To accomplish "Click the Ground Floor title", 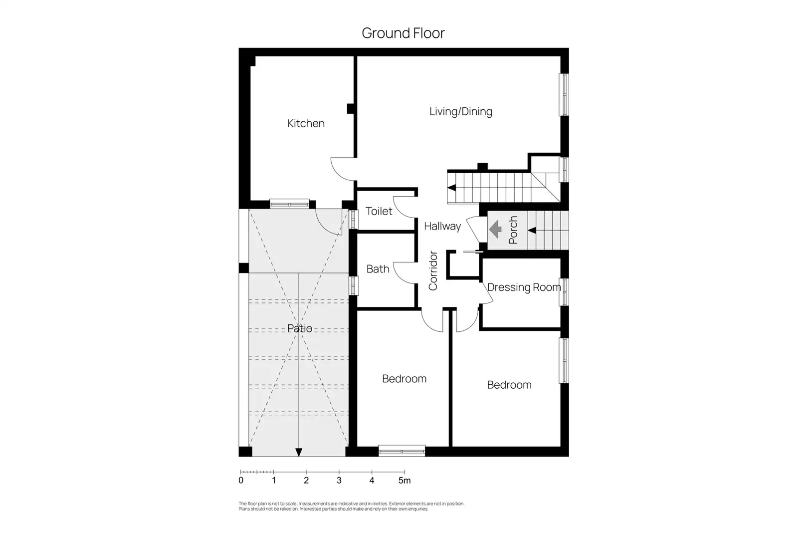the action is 403,33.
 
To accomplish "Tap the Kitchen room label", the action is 306,123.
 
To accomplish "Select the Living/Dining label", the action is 461,112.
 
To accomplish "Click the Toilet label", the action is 379,211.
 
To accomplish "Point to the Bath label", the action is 378,269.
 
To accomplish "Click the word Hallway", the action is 442,227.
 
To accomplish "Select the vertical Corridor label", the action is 433,270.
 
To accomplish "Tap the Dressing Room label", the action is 524,287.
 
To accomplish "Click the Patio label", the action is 300,328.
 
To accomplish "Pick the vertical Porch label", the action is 513,230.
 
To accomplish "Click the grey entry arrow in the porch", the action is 495,229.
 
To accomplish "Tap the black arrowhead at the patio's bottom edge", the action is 299,452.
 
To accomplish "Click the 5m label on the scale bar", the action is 404,481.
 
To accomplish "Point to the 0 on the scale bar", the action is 241,481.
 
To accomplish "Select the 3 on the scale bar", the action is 339,481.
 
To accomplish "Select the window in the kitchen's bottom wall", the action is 289,204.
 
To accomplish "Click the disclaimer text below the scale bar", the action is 351,506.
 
